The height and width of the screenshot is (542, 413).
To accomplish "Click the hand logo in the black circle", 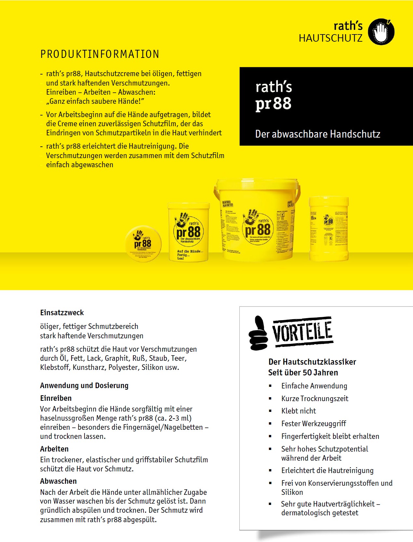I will click(x=381, y=32).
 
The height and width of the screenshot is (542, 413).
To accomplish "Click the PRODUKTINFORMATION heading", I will click(x=100, y=54).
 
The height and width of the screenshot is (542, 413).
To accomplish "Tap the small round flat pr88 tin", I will click(x=143, y=244).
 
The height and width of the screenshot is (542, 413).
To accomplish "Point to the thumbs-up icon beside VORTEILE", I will click(x=258, y=333).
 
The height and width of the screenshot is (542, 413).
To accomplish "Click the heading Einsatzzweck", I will click(x=62, y=313).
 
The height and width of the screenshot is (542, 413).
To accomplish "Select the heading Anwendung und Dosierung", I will click(x=84, y=386).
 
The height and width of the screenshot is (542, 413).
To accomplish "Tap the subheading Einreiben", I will click(x=56, y=398).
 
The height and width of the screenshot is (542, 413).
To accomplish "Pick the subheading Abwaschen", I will click(x=58, y=481).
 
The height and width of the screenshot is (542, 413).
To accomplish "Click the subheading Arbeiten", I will click(x=54, y=449).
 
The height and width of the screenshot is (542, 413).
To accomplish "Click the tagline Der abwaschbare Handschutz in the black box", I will click(x=317, y=134).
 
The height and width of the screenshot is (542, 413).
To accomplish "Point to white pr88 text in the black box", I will click(x=273, y=104).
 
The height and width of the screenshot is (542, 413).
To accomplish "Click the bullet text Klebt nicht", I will click(x=299, y=411).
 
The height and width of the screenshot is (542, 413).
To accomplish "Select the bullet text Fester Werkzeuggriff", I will click(x=313, y=424).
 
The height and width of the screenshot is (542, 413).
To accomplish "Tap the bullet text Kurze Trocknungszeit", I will click(x=314, y=399).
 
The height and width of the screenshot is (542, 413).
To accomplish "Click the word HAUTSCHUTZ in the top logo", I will click(x=330, y=38).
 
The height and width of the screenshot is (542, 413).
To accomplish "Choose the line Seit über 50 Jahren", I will click(x=303, y=373).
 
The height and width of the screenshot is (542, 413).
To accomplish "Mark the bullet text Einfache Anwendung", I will click(x=314, y=386).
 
